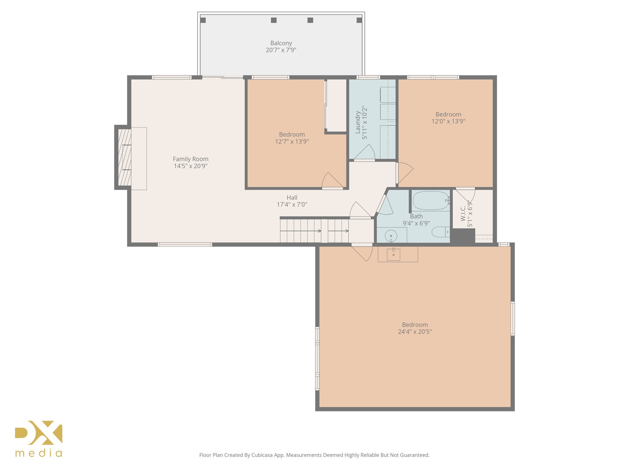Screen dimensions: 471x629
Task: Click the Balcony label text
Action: point(281,43)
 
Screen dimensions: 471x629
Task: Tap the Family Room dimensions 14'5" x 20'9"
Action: point(190,166)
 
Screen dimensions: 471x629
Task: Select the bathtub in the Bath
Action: point(431,201)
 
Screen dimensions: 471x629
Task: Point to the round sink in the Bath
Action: point(391,236)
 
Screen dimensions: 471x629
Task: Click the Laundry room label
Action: point(358,122)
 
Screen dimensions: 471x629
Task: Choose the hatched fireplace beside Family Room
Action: point(124,157)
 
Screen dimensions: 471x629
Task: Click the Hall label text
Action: point(292,198)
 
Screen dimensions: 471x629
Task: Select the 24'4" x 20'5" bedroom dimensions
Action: point(415,331)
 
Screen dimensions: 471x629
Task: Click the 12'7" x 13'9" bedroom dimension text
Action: point(292,142)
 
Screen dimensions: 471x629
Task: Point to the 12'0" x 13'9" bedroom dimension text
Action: point(448,121)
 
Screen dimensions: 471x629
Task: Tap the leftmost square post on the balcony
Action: point(203,20)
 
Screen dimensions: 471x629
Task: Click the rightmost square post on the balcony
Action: point(359,20)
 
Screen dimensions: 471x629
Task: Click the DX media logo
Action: point(39,438)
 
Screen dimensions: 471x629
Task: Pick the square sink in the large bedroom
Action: point(393,255)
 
